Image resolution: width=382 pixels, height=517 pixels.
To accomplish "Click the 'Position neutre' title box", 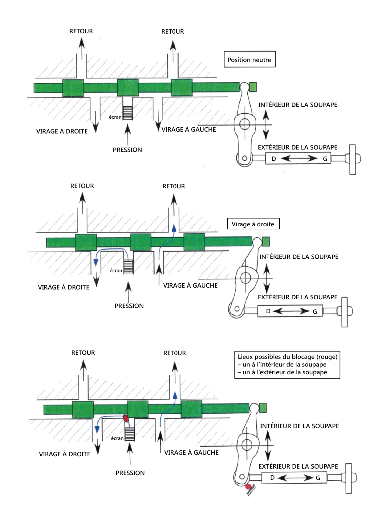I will pos(249,59).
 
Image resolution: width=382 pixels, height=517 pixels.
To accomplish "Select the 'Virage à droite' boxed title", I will pos(253,224).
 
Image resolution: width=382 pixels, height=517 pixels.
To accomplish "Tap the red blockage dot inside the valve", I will pos(126,418).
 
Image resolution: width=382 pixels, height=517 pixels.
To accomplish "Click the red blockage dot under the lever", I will pos(248,487).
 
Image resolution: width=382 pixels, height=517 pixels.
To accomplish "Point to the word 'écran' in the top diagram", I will pos(115,117).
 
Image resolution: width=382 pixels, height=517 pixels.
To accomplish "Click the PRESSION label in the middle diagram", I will pos(129,306).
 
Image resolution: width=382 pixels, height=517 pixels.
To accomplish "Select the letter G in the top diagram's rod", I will pos(325,159).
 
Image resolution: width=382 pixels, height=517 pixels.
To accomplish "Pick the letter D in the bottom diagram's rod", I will pos(272,478).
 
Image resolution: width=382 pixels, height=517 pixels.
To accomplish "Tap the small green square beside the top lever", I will pos(253,87).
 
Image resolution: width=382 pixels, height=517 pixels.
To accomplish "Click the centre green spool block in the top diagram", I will pos(128,88).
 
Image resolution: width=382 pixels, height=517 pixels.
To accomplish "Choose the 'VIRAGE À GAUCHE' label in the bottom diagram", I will pos(191,453).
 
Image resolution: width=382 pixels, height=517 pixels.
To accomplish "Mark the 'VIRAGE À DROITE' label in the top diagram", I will pos(62,131).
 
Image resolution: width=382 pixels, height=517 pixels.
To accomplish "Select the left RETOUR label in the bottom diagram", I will pos(83,353).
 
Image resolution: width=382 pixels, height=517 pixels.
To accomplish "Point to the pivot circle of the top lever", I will pos(245,124).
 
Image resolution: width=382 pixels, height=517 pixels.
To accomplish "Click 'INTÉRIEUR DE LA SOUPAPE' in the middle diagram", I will pos(299,257).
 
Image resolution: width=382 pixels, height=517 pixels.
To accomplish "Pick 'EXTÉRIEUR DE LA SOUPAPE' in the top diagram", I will pos(298,147).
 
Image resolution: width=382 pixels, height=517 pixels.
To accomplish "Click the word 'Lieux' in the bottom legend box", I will pos(245,357).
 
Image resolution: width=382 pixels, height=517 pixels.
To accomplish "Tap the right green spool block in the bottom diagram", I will pos(191,409).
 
